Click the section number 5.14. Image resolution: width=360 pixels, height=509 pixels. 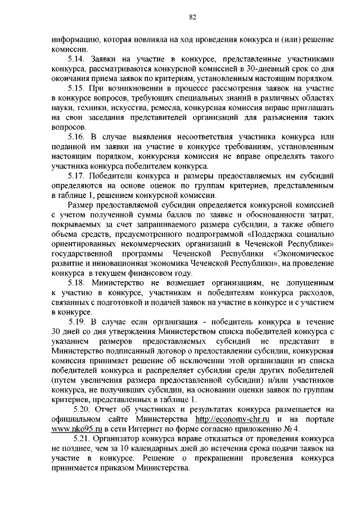click(75, 58)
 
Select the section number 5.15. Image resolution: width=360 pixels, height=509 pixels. click(75, 88)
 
